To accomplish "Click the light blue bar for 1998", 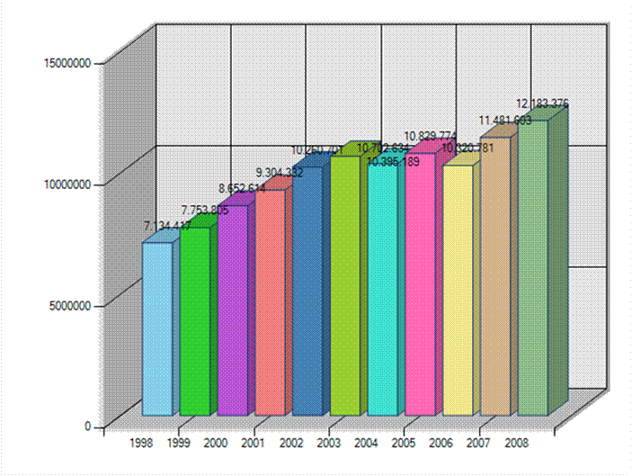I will (156, 328).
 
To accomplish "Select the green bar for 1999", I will (193, 321).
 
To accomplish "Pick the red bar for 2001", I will (269, 302).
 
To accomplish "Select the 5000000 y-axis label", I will (69, 305).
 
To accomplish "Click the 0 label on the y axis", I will (88, 427).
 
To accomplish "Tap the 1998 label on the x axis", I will (141, 443).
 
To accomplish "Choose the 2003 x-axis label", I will (328, 443).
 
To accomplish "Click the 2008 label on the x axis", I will (516, 443).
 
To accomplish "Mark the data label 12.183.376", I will (542, 103).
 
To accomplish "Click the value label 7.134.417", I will (168, 226).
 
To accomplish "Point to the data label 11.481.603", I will (504, 121).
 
